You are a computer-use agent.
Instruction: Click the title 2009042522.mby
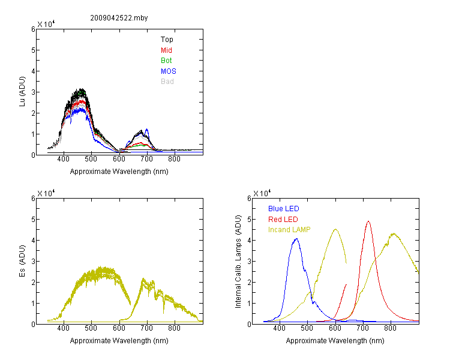point(119,18)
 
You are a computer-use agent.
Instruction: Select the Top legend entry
point(167,40)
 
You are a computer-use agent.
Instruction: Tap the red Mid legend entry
point(166,50)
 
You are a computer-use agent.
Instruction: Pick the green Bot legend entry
point(166,61)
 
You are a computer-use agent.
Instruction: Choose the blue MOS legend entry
point(169,71)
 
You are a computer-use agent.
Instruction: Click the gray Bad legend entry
point(167,82)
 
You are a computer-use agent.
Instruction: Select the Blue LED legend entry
point(284,209)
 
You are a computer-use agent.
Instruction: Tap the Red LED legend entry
point(283,220)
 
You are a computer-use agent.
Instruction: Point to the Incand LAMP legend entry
point(289,230)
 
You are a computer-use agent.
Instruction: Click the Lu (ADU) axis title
point(22,92)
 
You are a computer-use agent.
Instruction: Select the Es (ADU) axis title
point(22,261)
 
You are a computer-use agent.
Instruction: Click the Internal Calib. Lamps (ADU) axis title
point(238,262)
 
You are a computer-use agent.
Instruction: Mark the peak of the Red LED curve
point(368,221)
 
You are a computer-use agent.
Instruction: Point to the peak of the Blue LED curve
point(296,239)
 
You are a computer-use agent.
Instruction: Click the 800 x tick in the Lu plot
point(174,159)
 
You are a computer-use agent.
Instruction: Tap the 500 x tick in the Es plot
point(91,328)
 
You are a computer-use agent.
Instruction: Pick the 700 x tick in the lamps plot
point(362,328)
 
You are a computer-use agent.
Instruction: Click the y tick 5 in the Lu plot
point(33,50)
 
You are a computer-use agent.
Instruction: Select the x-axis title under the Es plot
point(119,341)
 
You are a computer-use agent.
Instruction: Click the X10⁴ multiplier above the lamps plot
point(262,193)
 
